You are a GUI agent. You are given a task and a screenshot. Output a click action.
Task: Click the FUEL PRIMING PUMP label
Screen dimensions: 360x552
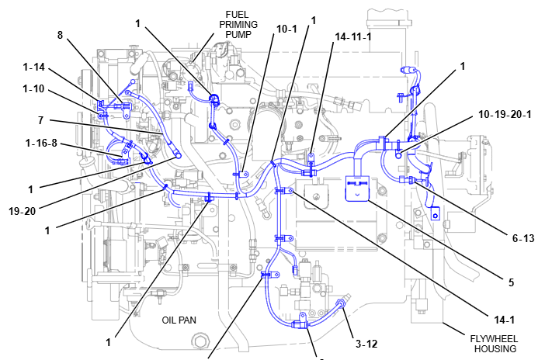(x=241, y=24)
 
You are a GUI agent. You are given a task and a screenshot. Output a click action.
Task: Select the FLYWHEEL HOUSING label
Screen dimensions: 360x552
(x=494, y=343)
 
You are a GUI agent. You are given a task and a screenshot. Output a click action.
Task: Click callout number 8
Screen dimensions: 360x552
(x=61, y=35)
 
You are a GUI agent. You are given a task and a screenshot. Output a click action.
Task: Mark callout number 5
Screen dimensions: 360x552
(x=511, y=283)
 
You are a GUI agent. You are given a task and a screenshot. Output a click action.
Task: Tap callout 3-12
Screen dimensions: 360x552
(x=366, y=343)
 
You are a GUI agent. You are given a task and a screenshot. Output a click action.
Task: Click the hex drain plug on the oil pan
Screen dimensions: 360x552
(x=203, y=341)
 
